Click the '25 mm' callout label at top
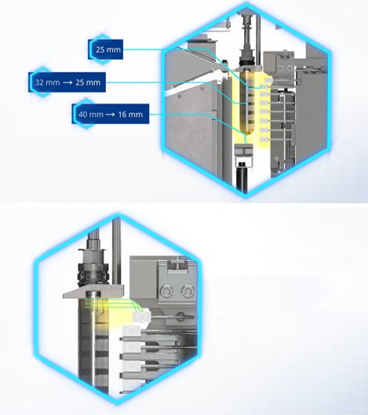(x=108, y=49)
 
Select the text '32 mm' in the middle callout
(x=47, y=82)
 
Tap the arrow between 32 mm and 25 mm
(x=67, y=82)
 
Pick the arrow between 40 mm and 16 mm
(x=111, y=115)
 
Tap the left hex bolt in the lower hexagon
(x=167, y=291)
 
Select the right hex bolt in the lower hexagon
(x=188, y=291)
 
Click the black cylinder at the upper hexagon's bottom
(x=242, y=175)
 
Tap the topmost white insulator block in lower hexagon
(x=141, y=316)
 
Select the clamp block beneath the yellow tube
(x=244, y=151)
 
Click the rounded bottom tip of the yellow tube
(x=246, y=132)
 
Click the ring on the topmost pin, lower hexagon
(x=180, y=316)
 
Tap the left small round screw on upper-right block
(x=281, y=68)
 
